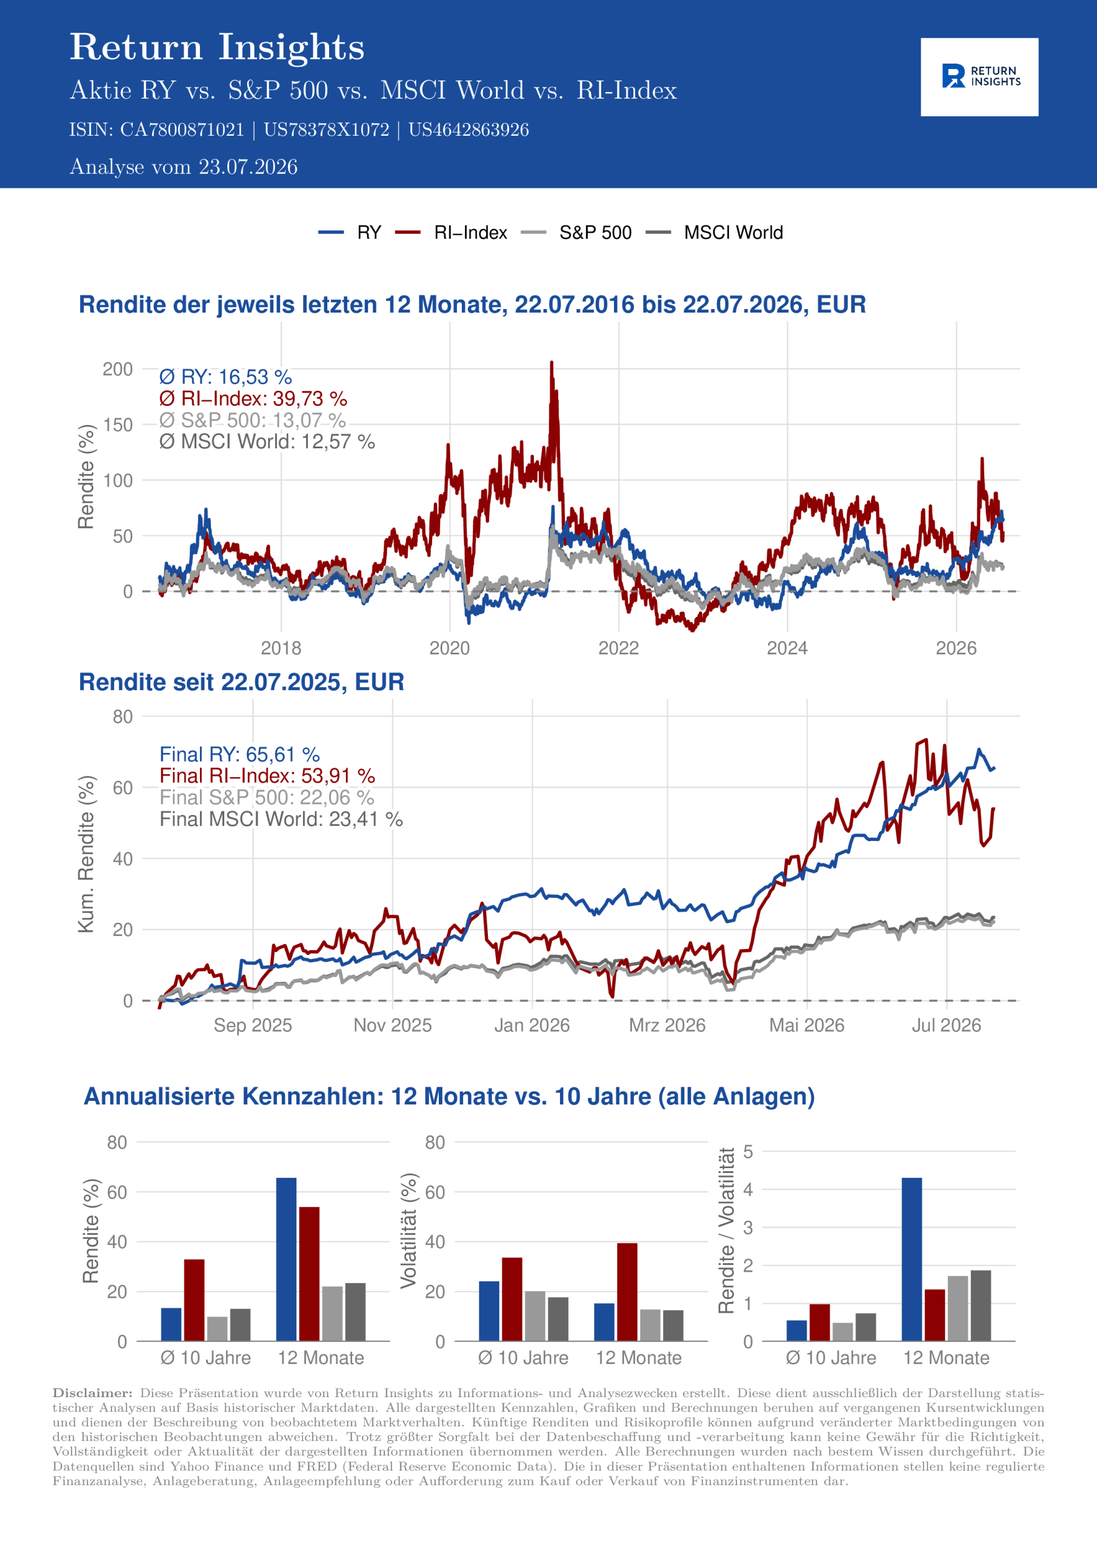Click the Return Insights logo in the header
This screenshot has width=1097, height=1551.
coord(979,76)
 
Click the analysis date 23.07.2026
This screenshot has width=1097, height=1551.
coord(248,167)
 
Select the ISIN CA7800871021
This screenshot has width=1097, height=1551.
coord(182,130)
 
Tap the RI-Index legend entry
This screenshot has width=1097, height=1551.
coord(451,233)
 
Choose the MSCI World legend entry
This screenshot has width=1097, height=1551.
coord(715,233)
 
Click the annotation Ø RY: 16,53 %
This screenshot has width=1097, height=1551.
coord(225,377)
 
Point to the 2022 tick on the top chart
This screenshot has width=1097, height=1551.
coord(618,648)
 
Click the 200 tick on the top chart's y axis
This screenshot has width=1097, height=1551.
coord(118,369)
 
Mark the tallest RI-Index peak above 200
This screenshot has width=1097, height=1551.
coord(552,363)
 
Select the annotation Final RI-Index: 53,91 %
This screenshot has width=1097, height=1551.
coord(267,775)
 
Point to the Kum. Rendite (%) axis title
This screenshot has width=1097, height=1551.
coord(86,854)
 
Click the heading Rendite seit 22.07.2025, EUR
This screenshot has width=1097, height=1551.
coord(241,682)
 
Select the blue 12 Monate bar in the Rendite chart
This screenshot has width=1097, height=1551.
coord(286,1259)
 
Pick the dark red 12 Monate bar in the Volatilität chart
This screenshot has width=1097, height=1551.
coord(627,1292)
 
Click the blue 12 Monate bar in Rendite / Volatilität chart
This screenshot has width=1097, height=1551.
coord(912,1259)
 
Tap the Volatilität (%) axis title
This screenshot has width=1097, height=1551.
coord(408,1231)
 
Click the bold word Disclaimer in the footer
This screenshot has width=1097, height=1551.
coord(93,1393)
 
